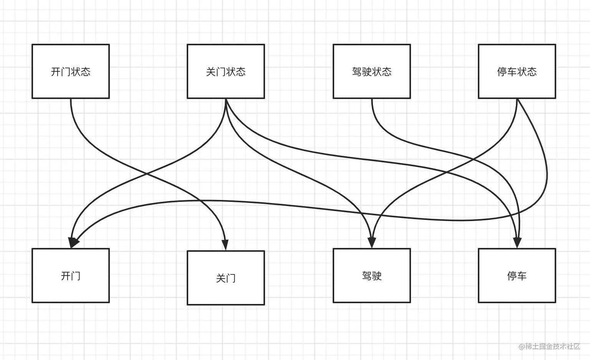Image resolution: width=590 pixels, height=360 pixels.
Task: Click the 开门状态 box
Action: pos(71,71)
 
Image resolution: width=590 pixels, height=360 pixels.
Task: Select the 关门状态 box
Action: pos(226,71)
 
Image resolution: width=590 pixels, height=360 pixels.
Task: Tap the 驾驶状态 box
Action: pos(372,71)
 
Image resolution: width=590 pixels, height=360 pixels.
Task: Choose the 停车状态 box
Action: pos(517,71)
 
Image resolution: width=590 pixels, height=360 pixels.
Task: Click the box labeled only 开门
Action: pos(71,276)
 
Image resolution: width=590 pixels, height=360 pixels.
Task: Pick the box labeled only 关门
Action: pos(226,278)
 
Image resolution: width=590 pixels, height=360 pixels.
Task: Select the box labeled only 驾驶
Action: pos(372,276)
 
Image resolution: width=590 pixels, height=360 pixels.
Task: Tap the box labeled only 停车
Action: pos(517,276)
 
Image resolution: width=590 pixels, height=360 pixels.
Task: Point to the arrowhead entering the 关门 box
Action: pos(225,245)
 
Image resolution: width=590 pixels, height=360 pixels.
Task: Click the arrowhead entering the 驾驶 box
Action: pos(372,243)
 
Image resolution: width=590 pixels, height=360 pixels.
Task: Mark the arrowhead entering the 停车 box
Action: pos(517,243)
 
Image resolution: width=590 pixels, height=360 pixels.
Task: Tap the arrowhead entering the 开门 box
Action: pos(72,243)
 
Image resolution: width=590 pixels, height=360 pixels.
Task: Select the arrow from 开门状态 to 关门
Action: pos(147,174)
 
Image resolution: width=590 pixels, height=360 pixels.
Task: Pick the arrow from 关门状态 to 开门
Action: pos(147,174)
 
